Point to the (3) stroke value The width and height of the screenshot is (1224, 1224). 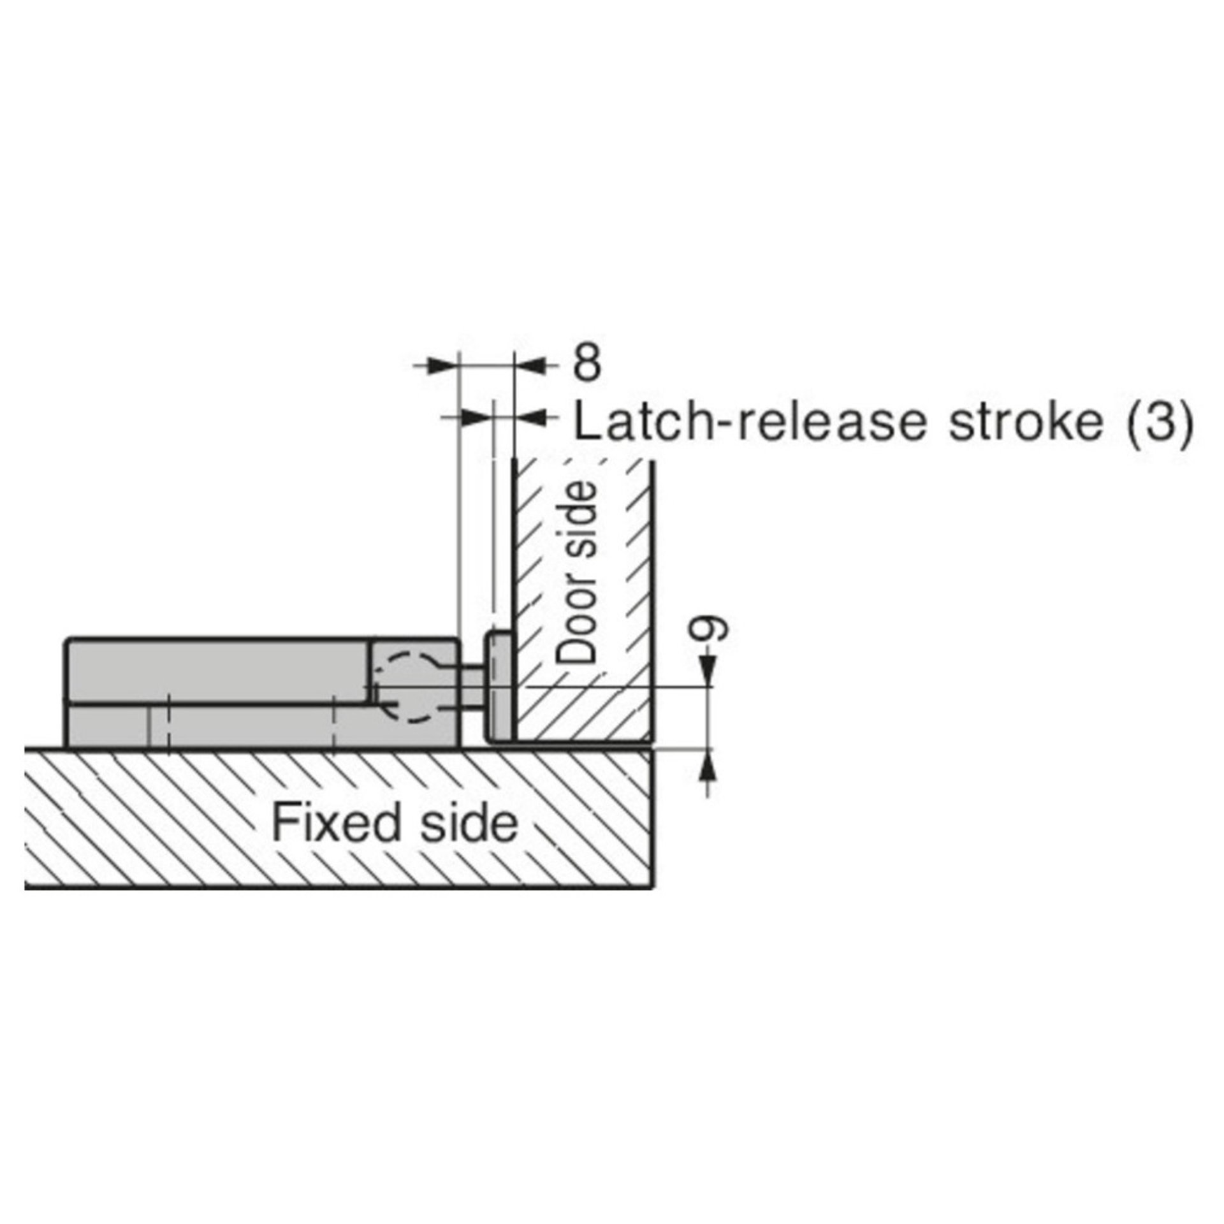tap(1159, 423)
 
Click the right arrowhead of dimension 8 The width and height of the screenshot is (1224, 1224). tap(528, 365)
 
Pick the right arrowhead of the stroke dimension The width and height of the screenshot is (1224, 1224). tap(528, 417)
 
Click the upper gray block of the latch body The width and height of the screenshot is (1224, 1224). tap(217, 669)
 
